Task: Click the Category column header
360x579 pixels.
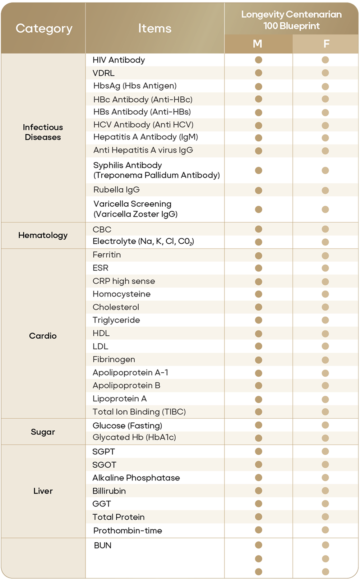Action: click(44, 28)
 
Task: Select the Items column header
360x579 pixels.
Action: click(155, 28)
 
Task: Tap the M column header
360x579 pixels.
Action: click(258, 44)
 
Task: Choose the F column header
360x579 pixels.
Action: click(326, 44)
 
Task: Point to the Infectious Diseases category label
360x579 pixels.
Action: click(43, 132)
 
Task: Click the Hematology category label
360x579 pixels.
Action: click(43, 235)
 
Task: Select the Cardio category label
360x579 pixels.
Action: click(43, 336)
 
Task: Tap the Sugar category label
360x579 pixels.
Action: click(43, 432)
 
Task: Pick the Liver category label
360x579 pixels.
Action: click(43, 491)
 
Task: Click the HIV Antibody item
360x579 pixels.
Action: click(119, 60)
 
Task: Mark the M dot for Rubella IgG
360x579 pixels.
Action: click(258, 190)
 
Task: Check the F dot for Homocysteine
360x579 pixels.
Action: click(326, 294)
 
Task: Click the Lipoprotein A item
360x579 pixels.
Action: click(119, 399)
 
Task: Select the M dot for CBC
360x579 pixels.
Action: click(258, 229)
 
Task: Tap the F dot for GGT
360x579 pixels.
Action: click(326, 504)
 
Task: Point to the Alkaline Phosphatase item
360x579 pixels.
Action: click(136, 478)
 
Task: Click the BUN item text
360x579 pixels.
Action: click(102, 545)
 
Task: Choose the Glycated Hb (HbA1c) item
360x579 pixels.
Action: click(134, 437)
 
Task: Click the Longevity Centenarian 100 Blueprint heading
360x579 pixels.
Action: click(291, 20)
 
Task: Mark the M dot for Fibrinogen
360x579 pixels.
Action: click(258, 360)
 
